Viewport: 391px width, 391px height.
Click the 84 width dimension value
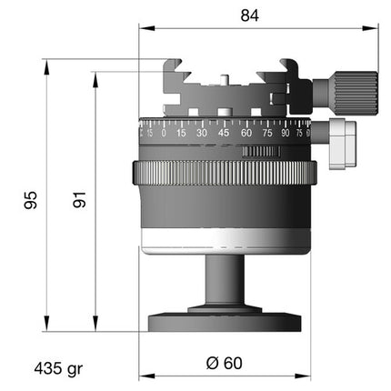coord(250,15)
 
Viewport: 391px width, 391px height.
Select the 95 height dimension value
coord(31,200)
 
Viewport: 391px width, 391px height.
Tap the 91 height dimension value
coord(79,199)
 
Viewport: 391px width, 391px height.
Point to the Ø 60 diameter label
coord(225,363)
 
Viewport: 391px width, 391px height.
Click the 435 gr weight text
coord(58,369)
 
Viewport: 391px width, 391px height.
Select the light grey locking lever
coord(343,145)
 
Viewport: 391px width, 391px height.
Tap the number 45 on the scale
coord(224,133)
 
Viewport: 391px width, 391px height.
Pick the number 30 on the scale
coord(202,133)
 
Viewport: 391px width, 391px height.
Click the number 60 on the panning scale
coord(246,133)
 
